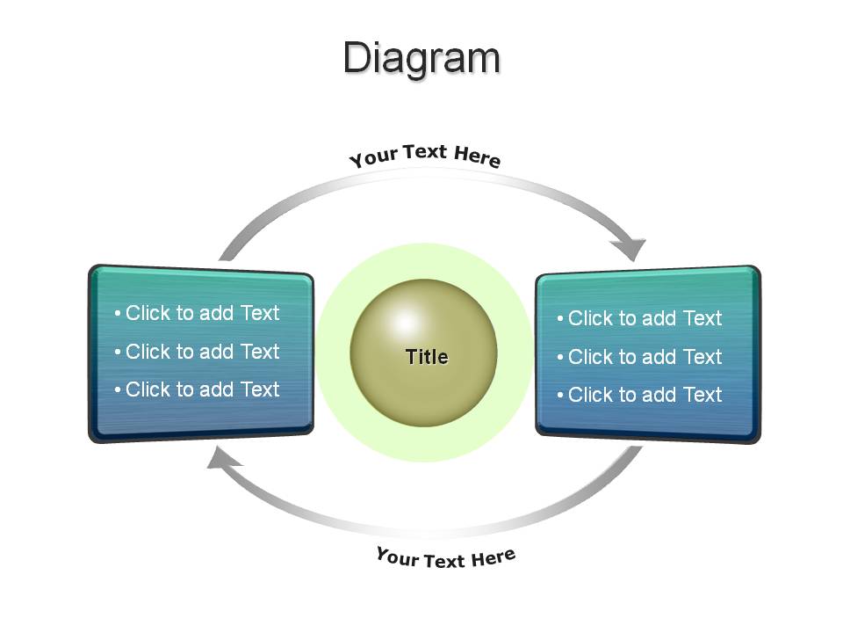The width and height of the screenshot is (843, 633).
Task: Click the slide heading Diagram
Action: pos(422,59)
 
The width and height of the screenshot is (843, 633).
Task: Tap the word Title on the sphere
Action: pos(427,357)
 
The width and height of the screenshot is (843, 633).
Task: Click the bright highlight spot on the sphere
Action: pos(406,324)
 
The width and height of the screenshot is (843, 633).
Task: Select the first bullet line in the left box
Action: pos(198,313)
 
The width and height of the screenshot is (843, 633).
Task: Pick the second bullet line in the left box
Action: pos(198,352)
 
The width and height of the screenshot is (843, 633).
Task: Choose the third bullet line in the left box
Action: pos(198,389)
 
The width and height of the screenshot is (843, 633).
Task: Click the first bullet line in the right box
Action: pos(640,318)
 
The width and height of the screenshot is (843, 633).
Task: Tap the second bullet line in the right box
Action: pos(640,357)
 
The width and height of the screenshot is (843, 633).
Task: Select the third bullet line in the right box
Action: pos(640,395)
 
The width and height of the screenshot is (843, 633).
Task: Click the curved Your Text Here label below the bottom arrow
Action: pos(446,557)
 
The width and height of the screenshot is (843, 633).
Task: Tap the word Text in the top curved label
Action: pos(425,152)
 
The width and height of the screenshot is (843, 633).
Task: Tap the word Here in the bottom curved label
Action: pos(494,557)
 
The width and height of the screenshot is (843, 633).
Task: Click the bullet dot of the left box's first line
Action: pos(117,313)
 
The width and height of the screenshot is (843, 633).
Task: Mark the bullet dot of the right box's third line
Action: pos(559,395)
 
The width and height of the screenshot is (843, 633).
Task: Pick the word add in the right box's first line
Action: pos(659,318)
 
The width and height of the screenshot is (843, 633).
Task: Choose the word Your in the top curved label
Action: pos(373,157)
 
